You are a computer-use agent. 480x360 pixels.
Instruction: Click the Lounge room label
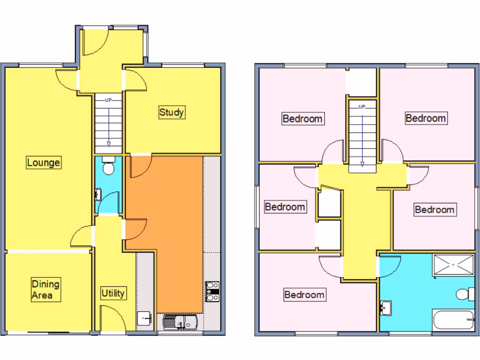click(43, 163)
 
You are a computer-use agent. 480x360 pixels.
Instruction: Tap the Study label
click(172, 112)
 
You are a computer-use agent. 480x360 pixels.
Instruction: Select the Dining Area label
click(45, 290)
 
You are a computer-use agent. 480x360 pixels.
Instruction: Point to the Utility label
click(113, 293)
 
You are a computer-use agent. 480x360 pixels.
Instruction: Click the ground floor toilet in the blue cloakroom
click(108, 166)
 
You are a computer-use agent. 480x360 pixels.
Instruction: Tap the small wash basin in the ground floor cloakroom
click(98, 194)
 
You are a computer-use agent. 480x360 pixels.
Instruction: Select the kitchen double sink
click(180, 322)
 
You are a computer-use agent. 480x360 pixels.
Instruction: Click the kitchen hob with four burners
click(212, 291)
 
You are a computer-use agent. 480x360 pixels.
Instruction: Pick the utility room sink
click(145, 318)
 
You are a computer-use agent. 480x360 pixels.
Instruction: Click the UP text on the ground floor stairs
click(108, 100)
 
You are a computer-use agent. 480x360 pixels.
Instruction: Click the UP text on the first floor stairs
click(362, 107)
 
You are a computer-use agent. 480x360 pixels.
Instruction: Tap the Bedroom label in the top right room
click(426, 118)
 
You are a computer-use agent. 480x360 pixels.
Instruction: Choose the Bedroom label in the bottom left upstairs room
click(304, 295)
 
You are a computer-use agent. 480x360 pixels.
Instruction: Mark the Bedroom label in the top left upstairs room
click(302, 119)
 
